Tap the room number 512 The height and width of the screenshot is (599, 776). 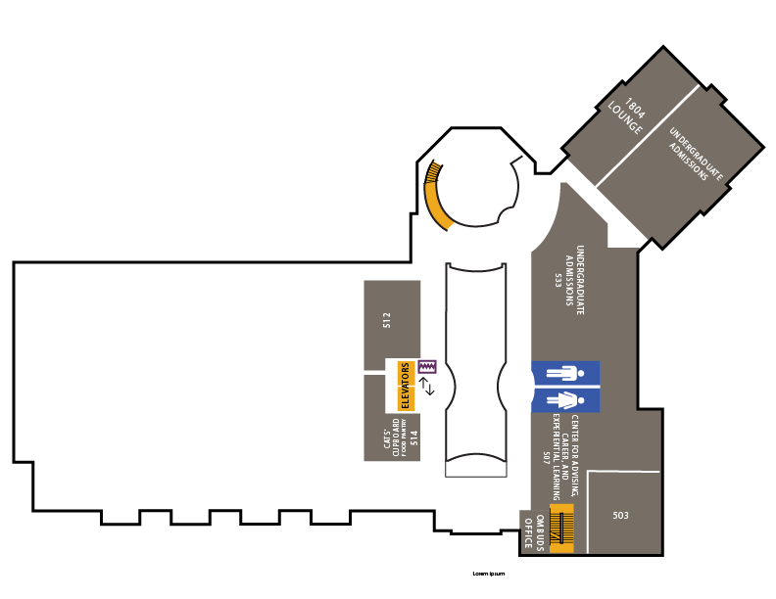point(387,319)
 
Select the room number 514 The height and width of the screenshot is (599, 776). point(413,438)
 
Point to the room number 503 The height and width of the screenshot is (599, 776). point(620,515)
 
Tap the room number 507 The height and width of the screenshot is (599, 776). point(547,456)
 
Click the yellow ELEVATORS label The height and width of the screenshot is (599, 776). point(405,386)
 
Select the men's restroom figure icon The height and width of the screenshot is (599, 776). point(565,373)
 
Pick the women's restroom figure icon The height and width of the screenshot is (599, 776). point(565,399)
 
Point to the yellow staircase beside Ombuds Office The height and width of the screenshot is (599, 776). point(561,530)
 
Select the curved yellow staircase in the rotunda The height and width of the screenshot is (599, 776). point(435,195)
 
